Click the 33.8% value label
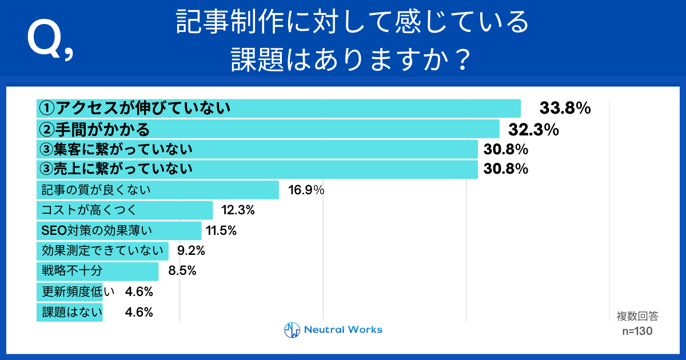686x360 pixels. click(565, 108)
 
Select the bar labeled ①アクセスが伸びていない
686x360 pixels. click(278, 108)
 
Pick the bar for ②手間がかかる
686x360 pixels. click(268, 129)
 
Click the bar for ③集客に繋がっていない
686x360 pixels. click(257, 150)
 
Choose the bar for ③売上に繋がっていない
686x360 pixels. click(257, 169)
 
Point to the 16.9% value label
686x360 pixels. click(306, 190)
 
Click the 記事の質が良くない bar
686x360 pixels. click(157, 190)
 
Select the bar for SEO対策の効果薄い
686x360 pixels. click(119, 231)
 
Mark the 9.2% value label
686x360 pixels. click(191, 251)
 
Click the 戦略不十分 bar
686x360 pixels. click(97, 271)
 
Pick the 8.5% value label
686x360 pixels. click(182, 271)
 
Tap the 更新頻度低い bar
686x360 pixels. click(70, 292)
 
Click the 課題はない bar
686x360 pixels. click(70, 313)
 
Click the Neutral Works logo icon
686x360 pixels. click(292, 330)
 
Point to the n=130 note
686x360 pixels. click(637, 331)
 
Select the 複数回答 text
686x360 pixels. click(637, 316)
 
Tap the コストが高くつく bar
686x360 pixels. click(124, 210)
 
